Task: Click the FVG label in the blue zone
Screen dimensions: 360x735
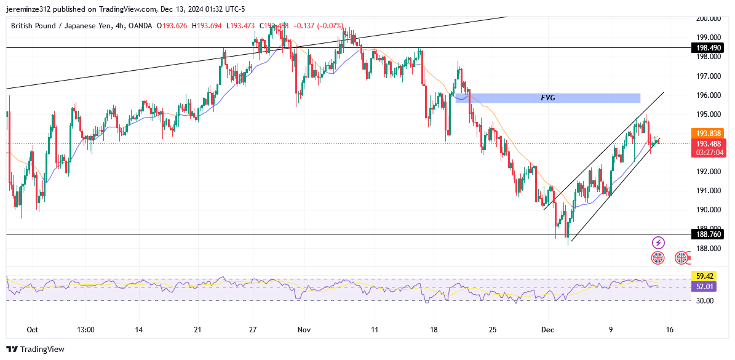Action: [x=547, y=98]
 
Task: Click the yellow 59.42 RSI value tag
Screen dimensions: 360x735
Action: [x=702, y=276]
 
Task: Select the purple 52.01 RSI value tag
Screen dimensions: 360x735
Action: [x=702, y=287]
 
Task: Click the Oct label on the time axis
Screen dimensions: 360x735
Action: [x=33, y=330]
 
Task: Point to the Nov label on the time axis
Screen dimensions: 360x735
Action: [x=304, y=330]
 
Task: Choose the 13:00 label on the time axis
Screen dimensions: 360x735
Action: [x=85, y=330]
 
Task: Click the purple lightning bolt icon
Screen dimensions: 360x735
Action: [x=658, y=242]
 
